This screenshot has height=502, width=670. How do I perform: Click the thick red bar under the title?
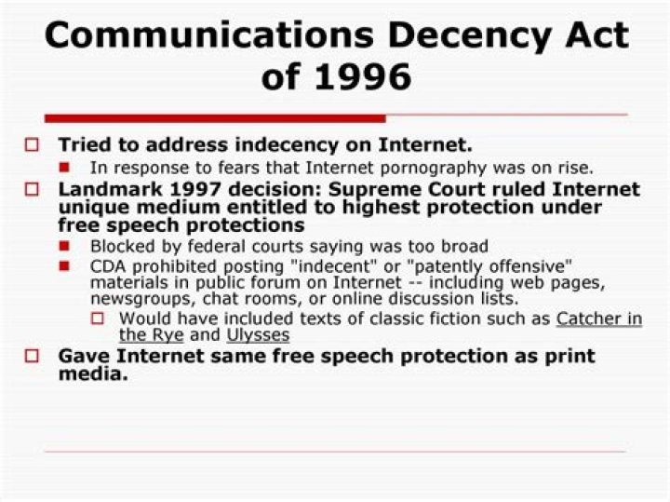[215, 118]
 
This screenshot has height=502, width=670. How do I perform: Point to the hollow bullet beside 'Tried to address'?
[33, 145]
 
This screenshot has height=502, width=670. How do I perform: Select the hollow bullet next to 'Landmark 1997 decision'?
[33, 190]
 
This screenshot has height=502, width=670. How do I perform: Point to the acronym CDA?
[108, 266]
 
